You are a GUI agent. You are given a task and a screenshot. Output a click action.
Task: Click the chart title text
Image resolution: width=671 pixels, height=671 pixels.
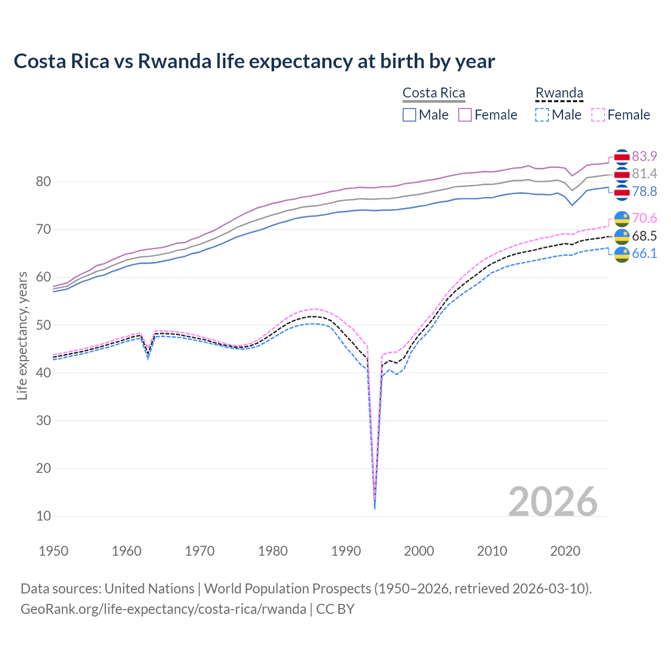[x=254, y=61]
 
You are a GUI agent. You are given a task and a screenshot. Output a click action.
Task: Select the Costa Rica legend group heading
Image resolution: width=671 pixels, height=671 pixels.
[x=434, y=93]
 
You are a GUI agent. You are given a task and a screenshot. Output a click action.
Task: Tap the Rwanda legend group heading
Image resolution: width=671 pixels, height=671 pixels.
[x=559, y=93]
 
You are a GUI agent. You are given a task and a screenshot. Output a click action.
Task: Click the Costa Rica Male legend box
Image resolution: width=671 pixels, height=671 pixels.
[x=409, y=115]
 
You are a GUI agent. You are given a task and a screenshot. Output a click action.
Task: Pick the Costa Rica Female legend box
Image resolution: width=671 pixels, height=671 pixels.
[x=465, y=115]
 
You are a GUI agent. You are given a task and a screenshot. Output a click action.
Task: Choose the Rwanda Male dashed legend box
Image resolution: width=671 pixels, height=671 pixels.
[x=542, y=115]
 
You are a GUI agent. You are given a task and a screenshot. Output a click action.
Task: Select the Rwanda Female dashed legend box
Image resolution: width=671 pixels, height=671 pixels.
[x=598, y=115]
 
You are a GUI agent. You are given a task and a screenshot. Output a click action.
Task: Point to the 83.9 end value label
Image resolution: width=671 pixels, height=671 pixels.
[x=644, y=156]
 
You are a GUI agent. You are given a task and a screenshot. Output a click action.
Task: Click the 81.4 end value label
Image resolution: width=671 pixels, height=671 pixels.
[x=644, y=174]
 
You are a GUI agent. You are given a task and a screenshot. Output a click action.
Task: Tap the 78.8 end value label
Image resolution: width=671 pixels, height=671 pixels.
[x=644, y=191]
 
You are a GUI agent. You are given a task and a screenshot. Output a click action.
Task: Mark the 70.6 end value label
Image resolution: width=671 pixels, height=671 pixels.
[x=644, y=218]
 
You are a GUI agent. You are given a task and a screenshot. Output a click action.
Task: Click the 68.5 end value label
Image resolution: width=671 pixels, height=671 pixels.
[x=644, y=236]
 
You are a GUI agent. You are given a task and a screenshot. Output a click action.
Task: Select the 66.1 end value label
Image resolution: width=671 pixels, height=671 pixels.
[x=644, y=253]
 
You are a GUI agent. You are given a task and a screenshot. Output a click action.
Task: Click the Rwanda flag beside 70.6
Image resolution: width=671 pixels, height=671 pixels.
[x=622, y=219]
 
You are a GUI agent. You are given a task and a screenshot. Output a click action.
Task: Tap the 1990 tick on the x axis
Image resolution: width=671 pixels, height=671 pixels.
[x=346, y=551]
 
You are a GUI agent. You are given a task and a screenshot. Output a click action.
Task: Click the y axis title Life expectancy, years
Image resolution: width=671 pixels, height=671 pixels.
[x=22, y=335]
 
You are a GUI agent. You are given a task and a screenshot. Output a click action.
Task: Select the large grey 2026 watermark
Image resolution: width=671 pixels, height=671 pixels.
[x=553, y=502]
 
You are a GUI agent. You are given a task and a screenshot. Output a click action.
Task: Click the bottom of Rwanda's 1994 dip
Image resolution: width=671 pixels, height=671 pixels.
[x=374, y=507]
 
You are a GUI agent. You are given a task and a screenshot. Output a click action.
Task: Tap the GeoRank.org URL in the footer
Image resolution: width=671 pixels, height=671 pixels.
[x=163, y=609]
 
